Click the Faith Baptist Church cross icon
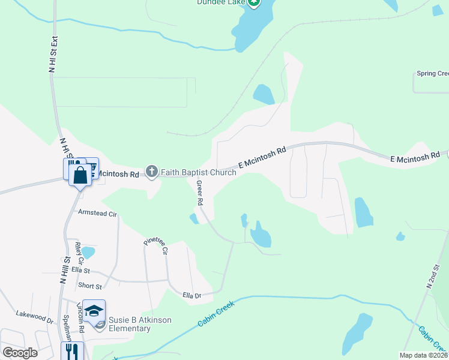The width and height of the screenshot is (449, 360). point(152,172)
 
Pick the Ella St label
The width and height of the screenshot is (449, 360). point(80,270)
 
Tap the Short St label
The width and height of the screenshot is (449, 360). point(89,286)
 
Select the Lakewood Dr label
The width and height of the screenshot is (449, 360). point(34,314)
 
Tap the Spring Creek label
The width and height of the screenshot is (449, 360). point(432,74)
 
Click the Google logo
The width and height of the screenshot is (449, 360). point(20,352)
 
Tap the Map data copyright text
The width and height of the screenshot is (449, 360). point(423,355)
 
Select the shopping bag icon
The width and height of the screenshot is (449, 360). point(80,175)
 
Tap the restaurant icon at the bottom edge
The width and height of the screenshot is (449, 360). point(72,351)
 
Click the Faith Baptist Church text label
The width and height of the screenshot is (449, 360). point(198,173)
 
